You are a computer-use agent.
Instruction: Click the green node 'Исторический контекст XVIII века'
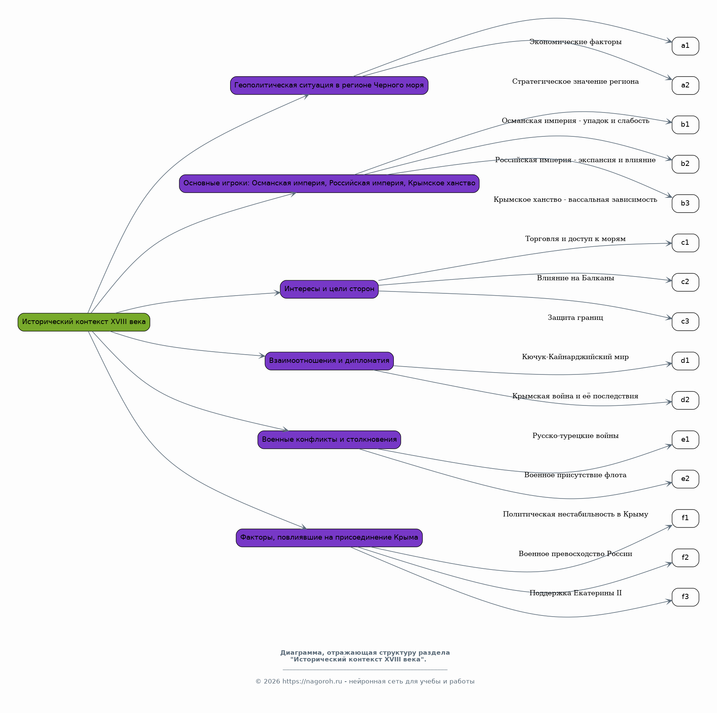[84, 322]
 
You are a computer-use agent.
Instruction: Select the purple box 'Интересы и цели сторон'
[329, 289]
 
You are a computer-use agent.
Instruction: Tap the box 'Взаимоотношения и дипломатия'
[329, 361]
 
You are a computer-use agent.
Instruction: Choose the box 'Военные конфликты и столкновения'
[329, 440]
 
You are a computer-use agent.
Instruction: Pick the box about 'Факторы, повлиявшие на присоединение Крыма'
[329, 538]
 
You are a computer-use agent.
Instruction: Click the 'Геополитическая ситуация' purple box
[329, 86]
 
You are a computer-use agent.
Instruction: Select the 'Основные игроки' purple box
[329, 183]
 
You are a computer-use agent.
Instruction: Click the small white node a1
[685, 46]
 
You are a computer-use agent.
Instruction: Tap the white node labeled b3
[685, 204]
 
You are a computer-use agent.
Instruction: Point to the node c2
[685, 282]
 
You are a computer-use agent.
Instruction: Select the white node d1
[685, 361]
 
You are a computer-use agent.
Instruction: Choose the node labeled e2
[685, 479]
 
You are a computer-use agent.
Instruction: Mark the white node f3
[685, 597]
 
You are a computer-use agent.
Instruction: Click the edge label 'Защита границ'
[575, 318]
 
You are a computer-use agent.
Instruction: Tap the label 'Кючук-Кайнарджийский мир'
[575, 357]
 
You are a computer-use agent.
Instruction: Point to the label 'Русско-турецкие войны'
[575, 436]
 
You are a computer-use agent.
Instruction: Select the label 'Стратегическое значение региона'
[575, 81]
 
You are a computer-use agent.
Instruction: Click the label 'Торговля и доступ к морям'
[575, 239]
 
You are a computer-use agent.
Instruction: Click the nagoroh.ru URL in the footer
[312, 681]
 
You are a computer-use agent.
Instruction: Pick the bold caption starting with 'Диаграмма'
[365, 656]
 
